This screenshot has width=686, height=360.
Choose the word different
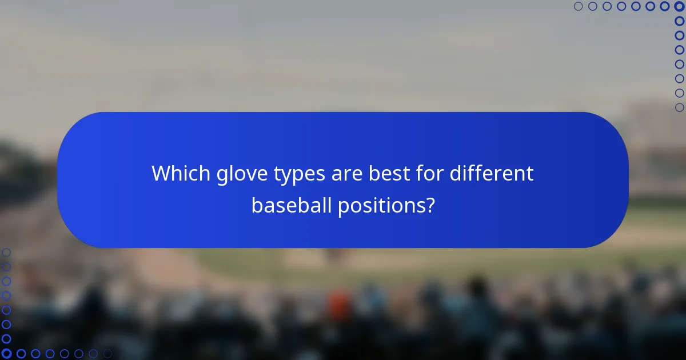coord(492,173)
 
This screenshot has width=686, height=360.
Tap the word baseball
coord(290,205)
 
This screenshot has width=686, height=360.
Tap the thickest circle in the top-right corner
coord(679,6)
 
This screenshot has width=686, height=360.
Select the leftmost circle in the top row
coord(578,6)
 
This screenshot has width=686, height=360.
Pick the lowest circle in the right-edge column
coord(679,107)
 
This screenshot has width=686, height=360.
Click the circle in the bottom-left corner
coord(6,354)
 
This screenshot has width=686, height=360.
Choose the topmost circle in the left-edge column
coord(6,253)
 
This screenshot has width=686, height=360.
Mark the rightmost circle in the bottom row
coord(107,354)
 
